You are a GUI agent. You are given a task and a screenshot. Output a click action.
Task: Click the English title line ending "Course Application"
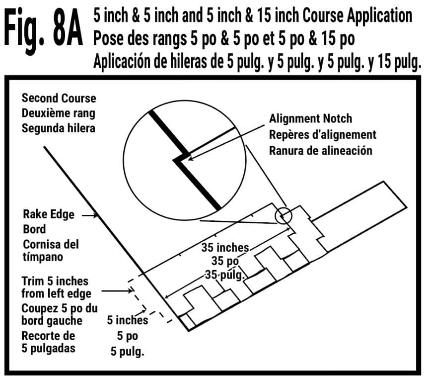point(252,16)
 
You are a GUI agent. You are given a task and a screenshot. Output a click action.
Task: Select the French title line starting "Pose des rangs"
point(224,39)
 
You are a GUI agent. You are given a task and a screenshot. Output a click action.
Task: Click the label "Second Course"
point(59,98)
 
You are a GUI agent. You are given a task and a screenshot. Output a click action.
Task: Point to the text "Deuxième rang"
point(58,112)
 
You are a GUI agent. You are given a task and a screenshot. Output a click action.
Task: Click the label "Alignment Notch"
point(310,119)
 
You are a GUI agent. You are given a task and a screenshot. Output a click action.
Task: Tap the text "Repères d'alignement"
point(322,134)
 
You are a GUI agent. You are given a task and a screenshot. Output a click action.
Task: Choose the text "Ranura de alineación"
point(320,150)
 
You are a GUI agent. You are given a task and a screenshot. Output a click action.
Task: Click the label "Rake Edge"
point(49,214)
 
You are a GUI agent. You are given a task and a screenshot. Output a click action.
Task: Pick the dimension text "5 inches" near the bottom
point(128,321)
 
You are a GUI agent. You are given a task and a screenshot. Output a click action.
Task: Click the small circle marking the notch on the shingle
point(284,216)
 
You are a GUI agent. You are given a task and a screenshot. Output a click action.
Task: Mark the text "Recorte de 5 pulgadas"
point(48,342)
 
